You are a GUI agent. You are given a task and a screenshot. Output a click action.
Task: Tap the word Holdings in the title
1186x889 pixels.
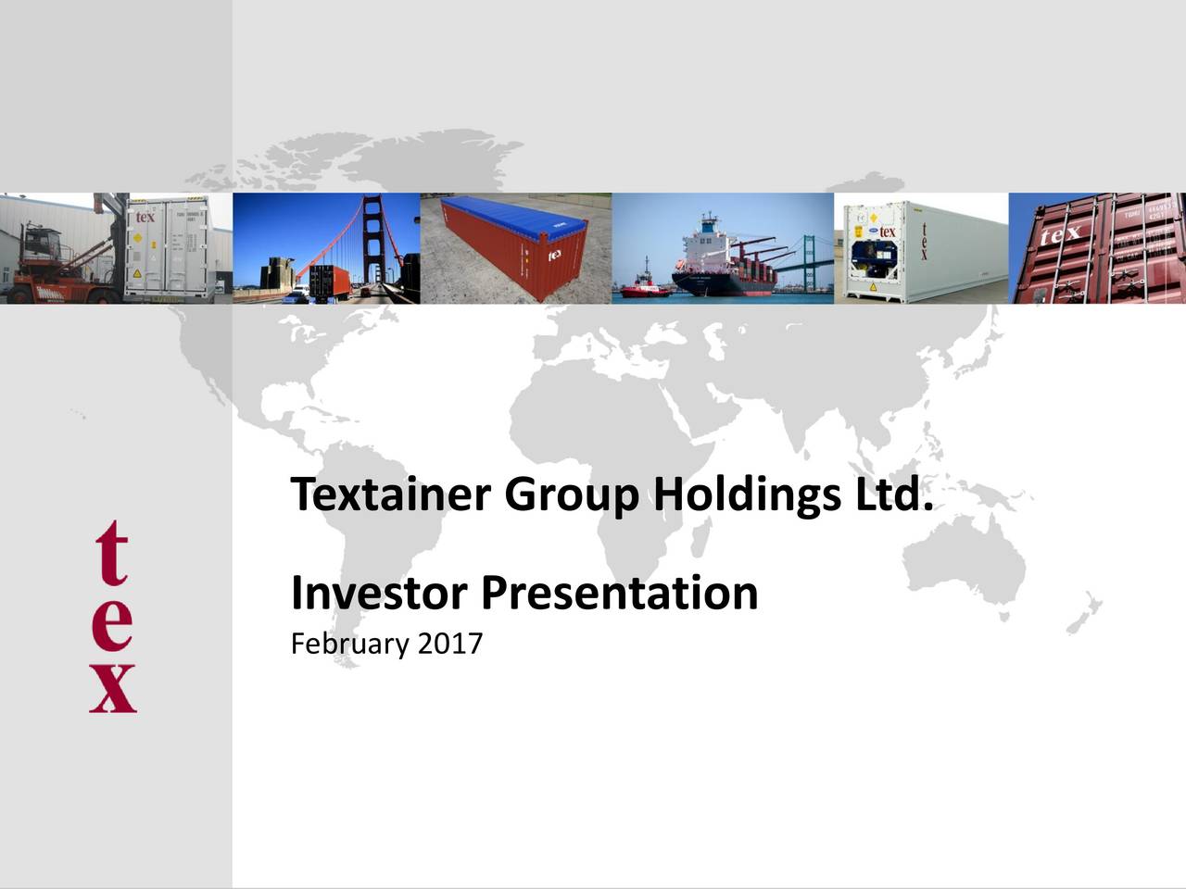click(741, 497)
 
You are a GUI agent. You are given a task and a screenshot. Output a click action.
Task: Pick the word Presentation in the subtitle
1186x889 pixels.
click(619, 593)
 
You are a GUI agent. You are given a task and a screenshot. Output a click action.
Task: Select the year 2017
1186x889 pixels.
click(450, 643)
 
